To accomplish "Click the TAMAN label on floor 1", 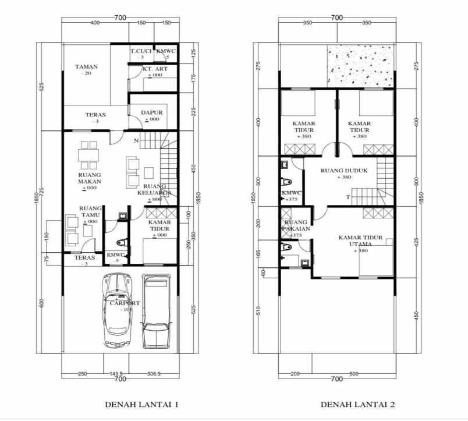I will [x=86, y=67].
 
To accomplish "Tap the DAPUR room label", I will [x=151, y=112].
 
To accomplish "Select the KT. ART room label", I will [x=155, y=69].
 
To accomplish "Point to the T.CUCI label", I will [x=141, y=52].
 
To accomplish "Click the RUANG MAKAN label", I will [x=90, y=178].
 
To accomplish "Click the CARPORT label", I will [x=124, y=303].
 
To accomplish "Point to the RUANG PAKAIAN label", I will [x=296, y=226].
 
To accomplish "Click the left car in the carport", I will [x=119, y=310].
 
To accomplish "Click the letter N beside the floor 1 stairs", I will [x=136, y=140].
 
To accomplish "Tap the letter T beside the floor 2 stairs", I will [x=348, y=197].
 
